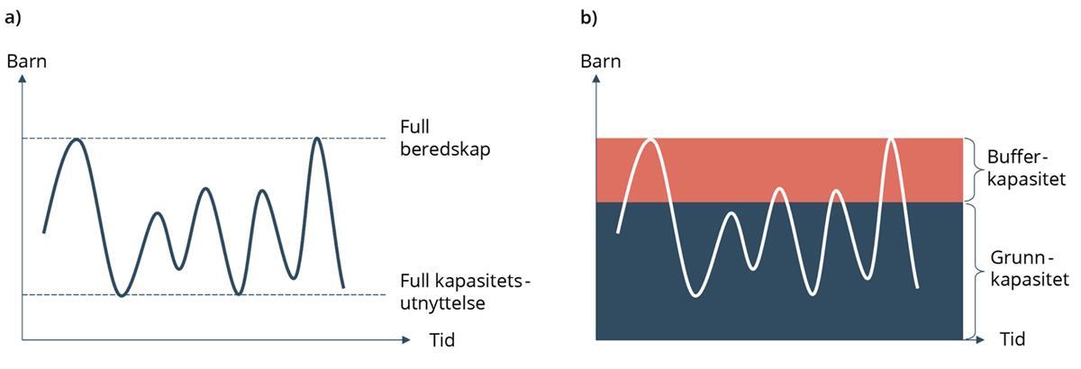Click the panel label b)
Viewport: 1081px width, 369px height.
coord(587,18)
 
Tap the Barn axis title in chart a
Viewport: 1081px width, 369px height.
coord(26,62)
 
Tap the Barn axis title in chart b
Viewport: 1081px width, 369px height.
coord(600,62)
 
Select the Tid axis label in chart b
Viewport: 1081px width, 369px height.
coord(1013,340)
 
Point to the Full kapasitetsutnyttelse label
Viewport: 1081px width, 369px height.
coord(465,293)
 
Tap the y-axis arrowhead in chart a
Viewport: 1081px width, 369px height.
coord(23,78)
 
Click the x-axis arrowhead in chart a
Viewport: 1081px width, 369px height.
coord(406,341)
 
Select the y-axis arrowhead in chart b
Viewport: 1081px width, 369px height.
coord(596,78)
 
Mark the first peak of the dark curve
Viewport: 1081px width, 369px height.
coord(78,140)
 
